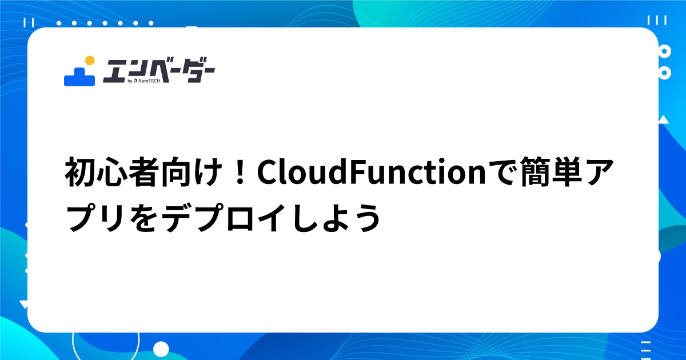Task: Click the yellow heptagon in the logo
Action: click(89, 61)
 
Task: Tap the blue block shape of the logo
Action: click(79, 77)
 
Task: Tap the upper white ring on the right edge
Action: click(664, 51)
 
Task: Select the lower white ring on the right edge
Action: click(664, 73)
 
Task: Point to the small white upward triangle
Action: click(663, 119)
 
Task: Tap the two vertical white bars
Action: click(29, 22)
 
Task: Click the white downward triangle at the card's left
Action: click(23, 304)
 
